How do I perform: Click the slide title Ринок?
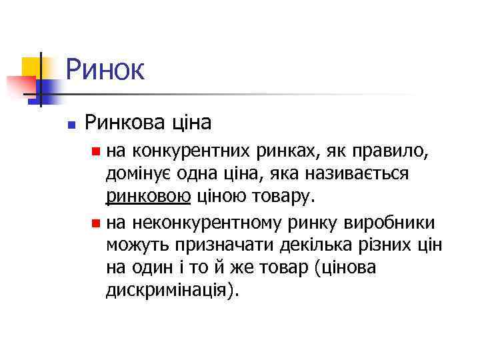click(x=105, y=69)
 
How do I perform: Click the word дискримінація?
click(x=167, y=291)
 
